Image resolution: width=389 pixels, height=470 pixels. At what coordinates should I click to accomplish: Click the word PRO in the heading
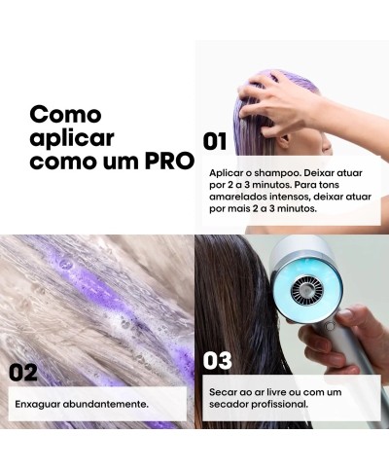[x=166, y=160]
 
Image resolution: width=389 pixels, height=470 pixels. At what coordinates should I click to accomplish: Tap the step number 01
[x=215, y=141]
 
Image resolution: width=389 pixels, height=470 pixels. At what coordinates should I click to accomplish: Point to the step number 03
[x=218, y=361]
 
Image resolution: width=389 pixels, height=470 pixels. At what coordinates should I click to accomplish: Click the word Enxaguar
[x=41, y=403]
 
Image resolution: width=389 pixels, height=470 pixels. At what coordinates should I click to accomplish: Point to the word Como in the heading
[x=64, y=113]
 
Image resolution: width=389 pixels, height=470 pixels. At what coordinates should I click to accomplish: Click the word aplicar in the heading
[x=67, y=136]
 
